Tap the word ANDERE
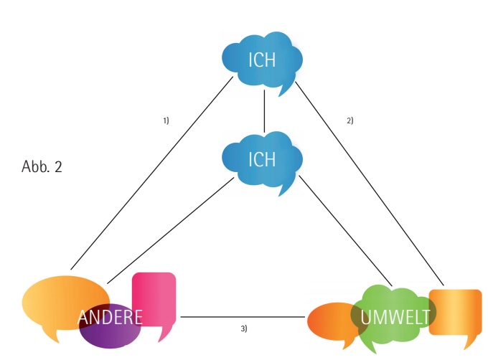(110, 317)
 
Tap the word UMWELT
(395, 316)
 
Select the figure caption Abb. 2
(42, 167)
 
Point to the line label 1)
(166, 120)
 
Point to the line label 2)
(350, 120)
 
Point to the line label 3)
(244, 328)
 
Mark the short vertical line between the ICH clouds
(264, 112)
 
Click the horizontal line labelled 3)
(244, 316)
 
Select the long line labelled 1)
(151, 172)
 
